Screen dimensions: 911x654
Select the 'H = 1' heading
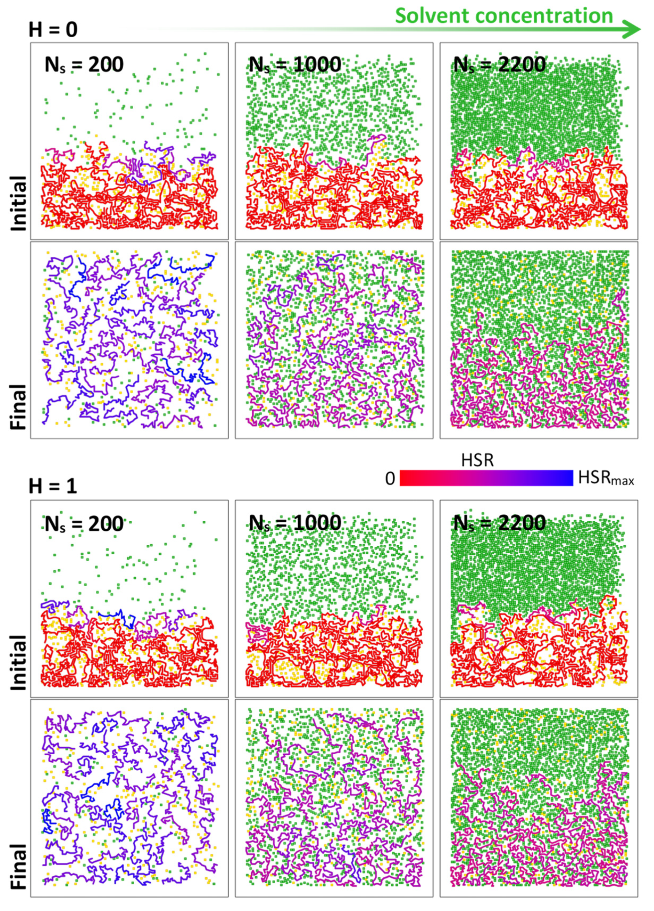click(x=53, y=486)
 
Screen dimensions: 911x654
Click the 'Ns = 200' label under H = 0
click(x=84, y=64)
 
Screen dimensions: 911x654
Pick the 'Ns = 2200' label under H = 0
click(x=499, y=64)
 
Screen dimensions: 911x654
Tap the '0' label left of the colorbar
click(x=390, y=479)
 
